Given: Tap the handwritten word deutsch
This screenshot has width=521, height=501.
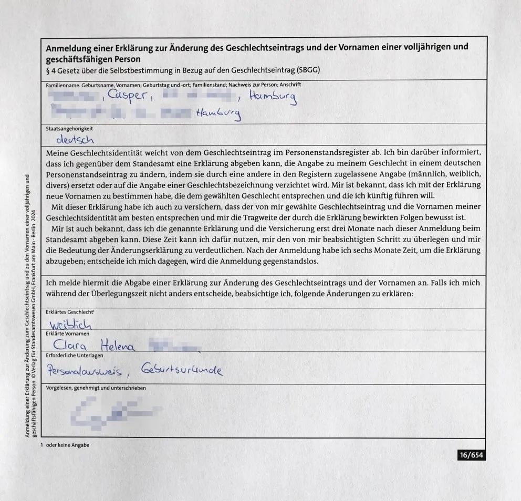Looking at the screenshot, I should click(75, 140).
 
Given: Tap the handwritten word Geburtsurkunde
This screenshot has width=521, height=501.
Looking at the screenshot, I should click(182, 371).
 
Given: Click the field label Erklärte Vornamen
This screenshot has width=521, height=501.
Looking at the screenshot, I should click(68, 333).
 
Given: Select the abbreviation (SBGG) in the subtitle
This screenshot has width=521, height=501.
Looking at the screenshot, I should click(308, 70).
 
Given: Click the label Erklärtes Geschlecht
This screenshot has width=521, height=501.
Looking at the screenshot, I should click(69, 312).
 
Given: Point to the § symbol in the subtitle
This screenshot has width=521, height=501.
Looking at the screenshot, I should click(48, 70).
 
